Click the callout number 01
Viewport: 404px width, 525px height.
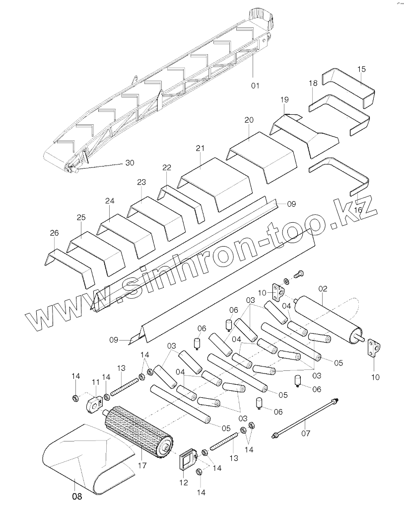coord(255,86)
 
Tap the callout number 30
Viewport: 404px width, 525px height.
coord(130,163)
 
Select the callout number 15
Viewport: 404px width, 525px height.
coord(361,69)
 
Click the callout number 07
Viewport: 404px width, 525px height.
coord(306,433)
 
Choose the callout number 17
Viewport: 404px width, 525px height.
coord(142,465)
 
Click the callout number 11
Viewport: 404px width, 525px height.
coord(96,382)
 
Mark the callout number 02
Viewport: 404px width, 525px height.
coord(323,289)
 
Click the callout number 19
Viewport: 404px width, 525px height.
coord(284,100)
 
